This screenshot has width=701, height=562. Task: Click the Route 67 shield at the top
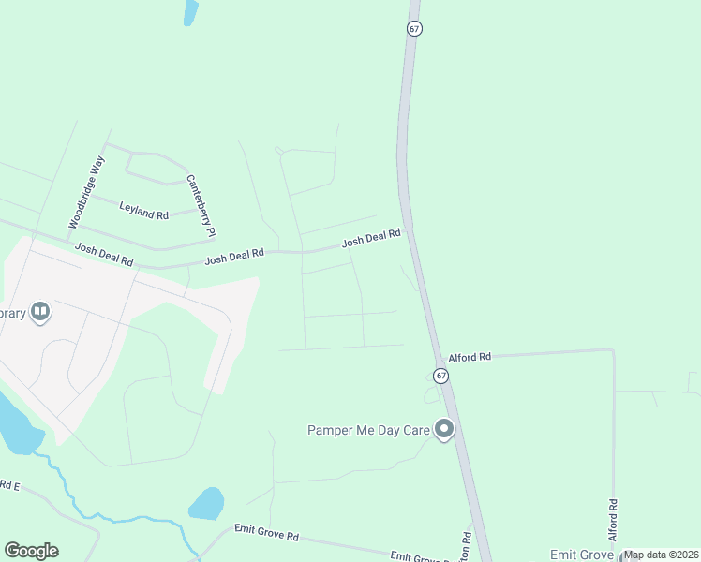tap(414, 28)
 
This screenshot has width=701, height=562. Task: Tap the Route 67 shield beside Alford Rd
tap(441, 375)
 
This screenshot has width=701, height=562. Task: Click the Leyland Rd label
tap(143, 209)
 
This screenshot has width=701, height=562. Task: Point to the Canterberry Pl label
tap(201, 205)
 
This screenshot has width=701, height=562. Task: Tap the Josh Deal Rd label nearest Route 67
tap(371, 239)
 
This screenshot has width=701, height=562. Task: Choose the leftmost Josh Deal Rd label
tap(104, 255)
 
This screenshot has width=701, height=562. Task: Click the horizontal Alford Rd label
tap(470, 357)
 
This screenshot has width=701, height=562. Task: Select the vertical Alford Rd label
tap(613, 518)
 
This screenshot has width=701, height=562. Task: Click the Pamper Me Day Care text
tap(367, 430)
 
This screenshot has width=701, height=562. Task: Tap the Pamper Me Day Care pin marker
tap(444, 429)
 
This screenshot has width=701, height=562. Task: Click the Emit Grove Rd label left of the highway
tap(266, 536)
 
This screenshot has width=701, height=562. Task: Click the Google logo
tap(32, 551)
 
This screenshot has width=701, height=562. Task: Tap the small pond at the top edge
tap(191, 11)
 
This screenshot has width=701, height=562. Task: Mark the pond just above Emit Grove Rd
tap(207, 504)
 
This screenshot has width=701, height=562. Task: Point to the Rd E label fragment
tap(9, 485)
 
